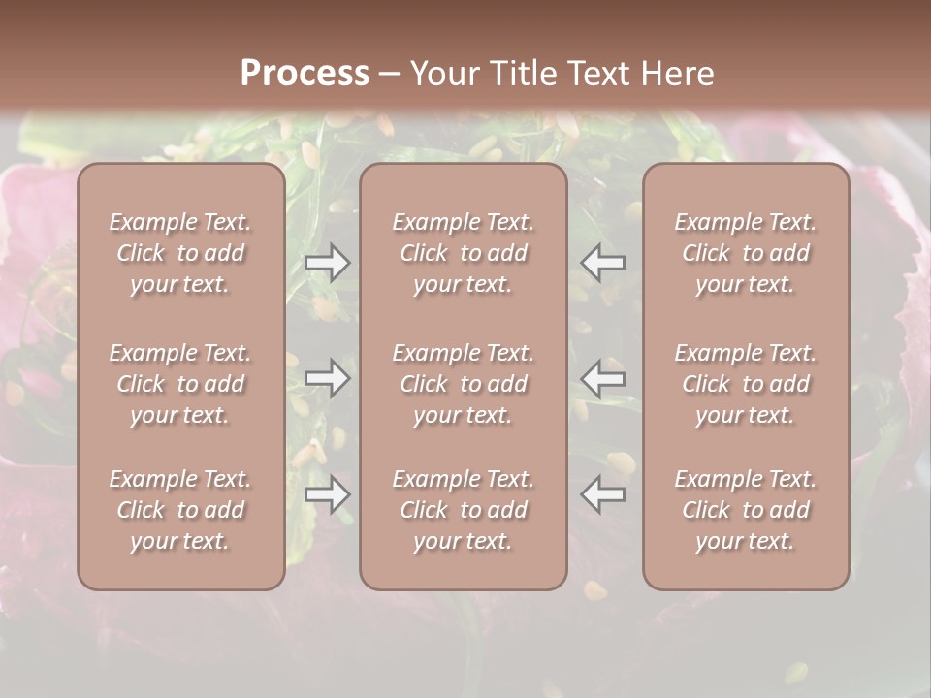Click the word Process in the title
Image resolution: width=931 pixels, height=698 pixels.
pos(305,74)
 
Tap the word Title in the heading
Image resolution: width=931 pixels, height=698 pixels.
pos(521,74)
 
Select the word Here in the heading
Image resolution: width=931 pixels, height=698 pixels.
pos(678,74)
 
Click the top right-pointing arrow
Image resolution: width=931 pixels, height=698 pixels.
pos(327,263)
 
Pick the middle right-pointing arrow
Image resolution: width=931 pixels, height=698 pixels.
pos(327,377)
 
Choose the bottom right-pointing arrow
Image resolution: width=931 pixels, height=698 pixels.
pos(327,494)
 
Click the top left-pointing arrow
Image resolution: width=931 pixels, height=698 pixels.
pos(603,263)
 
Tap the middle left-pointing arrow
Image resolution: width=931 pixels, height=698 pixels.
pos(603,377)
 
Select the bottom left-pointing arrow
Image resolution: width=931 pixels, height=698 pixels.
pos(603,494)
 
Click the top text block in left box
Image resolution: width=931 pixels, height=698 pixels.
pos(180,253)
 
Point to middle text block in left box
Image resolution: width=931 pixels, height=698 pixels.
pos(180,384)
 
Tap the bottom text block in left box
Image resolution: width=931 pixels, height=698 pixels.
pos(180,510)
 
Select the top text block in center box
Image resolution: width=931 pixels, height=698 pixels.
pos(464,253)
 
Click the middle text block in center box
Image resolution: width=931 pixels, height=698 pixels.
pos(464,384)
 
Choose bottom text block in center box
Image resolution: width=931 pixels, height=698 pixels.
pos(464,510)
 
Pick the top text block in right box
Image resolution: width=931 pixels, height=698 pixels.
pos(746,253)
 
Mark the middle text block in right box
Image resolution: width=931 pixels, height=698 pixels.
pos(746,384)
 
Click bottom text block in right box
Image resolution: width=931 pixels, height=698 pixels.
pos(746,510)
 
